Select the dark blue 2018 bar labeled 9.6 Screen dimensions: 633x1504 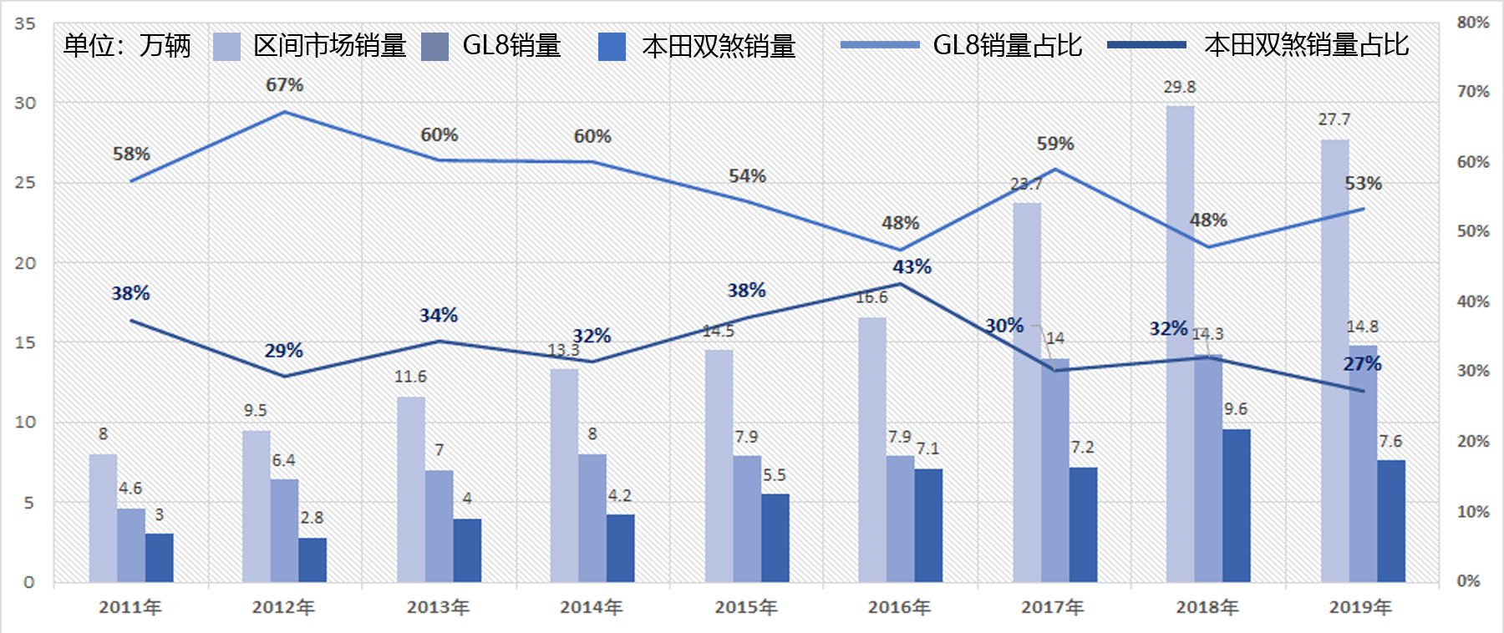tap(1236, 505)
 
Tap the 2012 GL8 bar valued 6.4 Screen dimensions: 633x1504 tap(284, 530)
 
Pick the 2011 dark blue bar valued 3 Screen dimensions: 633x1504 tap(159, 557)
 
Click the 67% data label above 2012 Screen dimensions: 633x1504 tap(284, 85)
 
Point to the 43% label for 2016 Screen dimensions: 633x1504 tap(912, 266)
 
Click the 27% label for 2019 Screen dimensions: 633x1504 tap(1362, 364)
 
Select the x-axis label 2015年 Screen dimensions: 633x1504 tap(746, 607)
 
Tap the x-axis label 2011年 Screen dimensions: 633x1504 tap(130, 607)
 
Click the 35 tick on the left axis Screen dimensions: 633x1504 tap(25, 23)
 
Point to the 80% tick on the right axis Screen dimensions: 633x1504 tap(1473, 23)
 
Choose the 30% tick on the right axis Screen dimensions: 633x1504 tap(1473, 371)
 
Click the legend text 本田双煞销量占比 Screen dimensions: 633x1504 tap(1307, 45)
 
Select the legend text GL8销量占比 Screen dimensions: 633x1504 tap(1008, 45)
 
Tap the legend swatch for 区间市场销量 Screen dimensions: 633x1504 tap(226, 46)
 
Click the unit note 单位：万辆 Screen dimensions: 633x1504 tap(127, 45)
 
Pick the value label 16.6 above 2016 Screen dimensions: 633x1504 tap(871, 297)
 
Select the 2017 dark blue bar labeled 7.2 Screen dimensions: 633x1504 tap(1083, 524)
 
